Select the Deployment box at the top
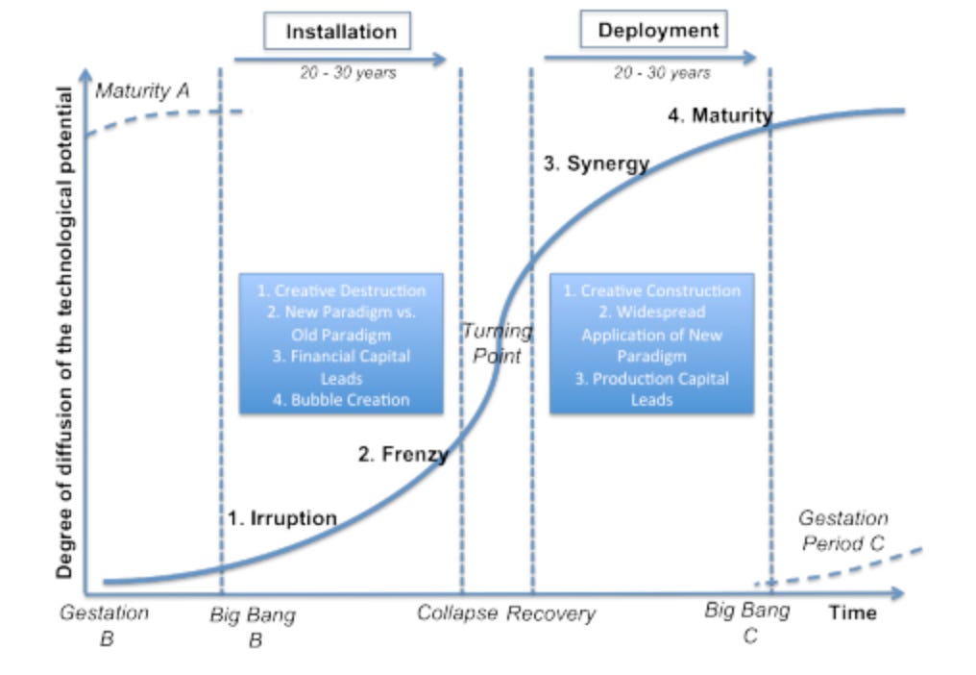point(654,30)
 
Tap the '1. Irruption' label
point(282,518)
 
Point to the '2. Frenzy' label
point(403,454)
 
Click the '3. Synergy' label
point(597,163)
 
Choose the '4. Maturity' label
point(720,116)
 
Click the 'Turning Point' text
point(497,343)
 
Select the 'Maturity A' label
point(142,91)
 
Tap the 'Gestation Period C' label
point(842,531)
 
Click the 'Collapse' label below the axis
point(457,613)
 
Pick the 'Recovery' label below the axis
point(550,613)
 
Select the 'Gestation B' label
point(105,624)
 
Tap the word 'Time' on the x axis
point(853,612)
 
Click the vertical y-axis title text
point(64,333)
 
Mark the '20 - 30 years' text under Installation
point(347,73)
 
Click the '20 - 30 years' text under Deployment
point(662,73)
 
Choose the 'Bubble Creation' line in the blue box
point(341,400)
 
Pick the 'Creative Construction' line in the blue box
point(651,290)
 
